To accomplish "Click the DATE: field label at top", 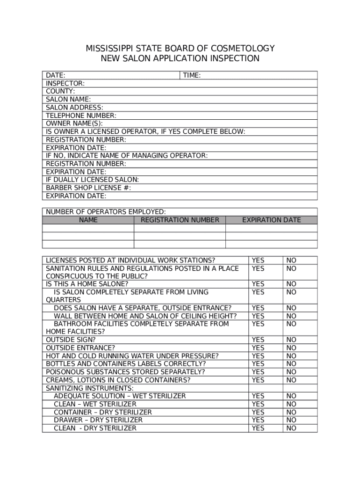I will point(55,75).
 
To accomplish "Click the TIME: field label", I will point(192,75).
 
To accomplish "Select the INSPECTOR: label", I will point(65,83).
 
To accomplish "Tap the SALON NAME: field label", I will point(68,99).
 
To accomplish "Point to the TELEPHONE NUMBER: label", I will point(81,116).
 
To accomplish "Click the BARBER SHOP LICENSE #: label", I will point(88,188).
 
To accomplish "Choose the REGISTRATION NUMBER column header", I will point(180,220).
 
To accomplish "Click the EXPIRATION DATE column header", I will point(271,220).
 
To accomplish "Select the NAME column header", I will point(88,220).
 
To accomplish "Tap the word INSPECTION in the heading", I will point(236,58).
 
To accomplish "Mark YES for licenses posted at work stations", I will point(258,260).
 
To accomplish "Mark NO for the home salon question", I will point(291,284).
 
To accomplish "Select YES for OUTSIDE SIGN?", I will point(258,340).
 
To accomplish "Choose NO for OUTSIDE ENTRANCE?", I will point(291,348).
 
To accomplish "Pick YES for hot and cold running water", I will point(258,356).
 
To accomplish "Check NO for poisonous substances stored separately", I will point(291,372).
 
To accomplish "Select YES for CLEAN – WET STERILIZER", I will point(258,404).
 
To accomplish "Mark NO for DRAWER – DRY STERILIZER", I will point(291,420).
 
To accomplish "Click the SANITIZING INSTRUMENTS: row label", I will point(89,388).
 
